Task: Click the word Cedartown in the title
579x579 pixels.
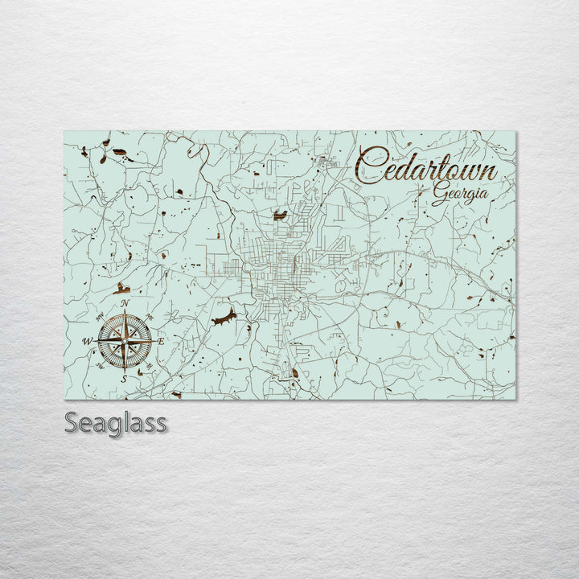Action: (x=426, y=165)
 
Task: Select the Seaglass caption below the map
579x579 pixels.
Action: (x=115, y=423)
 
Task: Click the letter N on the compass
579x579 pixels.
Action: (x=125, y=304)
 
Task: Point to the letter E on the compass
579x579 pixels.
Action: (x=161, y=342)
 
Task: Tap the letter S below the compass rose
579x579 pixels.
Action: (x=123, y=379)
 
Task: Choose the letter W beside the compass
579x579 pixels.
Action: (x=87, y=341)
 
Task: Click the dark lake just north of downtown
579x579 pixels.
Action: (x=280, y=216)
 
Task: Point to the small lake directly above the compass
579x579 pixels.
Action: (x=123, y=288)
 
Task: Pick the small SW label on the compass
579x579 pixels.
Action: (x=99, y=366)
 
